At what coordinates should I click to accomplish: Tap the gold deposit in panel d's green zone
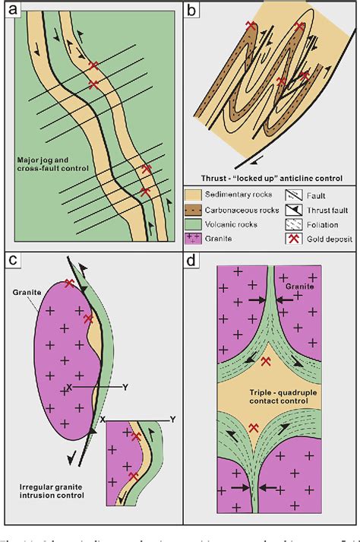pyautogui.click(x=264, y=362)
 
